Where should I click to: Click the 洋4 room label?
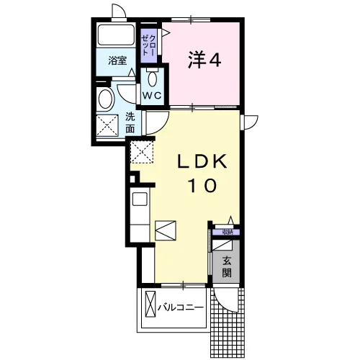(204, 59)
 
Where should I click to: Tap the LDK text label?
(202, 162)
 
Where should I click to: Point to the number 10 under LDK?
(203, 185)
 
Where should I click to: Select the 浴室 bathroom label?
(117, 60)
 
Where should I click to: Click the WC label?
(152, 96)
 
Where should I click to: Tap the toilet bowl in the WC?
(152, 78)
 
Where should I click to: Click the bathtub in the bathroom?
(116, 35)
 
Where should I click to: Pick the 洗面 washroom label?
(130, 123)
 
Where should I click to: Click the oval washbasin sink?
(105, 99)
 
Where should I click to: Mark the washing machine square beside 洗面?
(107, 125)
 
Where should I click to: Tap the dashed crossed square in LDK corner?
(142, 152)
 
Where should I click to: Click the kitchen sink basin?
(140, 199)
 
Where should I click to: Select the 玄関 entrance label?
(227, 266)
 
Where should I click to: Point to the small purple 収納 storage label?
(228, 232)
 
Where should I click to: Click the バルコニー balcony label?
(181, 307)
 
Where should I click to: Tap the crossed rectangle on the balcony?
(150, 305)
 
